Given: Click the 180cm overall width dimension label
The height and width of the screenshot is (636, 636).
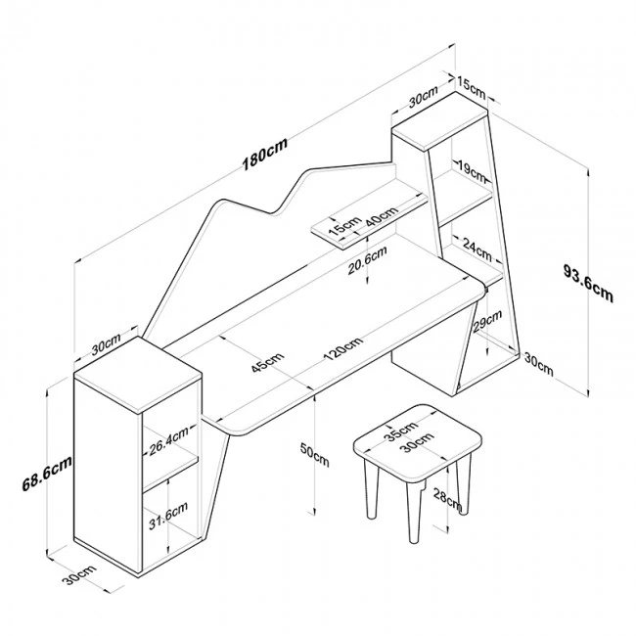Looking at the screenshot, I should coord(265,157).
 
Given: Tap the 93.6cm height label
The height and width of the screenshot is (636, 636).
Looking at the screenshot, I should coord(589,281).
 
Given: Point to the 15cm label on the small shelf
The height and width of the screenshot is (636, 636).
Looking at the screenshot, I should coord(341,229).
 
